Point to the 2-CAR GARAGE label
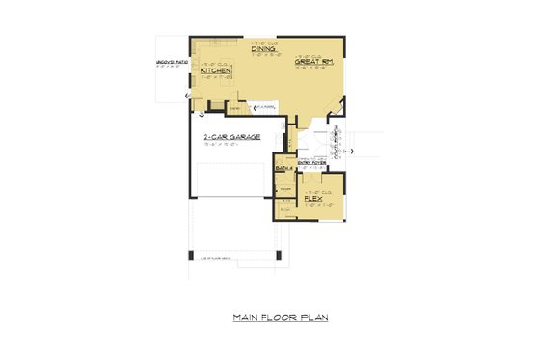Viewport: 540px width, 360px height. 228,137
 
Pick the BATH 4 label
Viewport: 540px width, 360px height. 283,168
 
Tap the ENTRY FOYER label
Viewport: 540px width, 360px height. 310,163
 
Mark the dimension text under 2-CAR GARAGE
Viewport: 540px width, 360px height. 228,145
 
